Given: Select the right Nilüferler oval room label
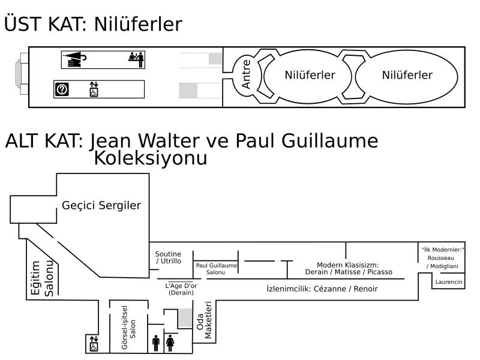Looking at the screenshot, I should pos(407,75).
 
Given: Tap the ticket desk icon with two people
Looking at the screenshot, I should pos(136,59).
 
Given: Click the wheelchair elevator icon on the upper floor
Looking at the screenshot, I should pos(93,89).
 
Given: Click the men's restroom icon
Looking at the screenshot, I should pos(155,343).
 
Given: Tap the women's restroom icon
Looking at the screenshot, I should pos(169,343).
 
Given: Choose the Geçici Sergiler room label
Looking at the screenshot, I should pos(101,206).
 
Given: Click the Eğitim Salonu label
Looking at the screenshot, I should pos(41,278).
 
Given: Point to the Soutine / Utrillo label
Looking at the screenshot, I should pos(168,258).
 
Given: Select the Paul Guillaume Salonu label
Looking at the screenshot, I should pos(215,269).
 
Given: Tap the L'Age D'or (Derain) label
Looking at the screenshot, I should pos(181,289).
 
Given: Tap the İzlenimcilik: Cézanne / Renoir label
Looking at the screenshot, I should pos(322,289).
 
